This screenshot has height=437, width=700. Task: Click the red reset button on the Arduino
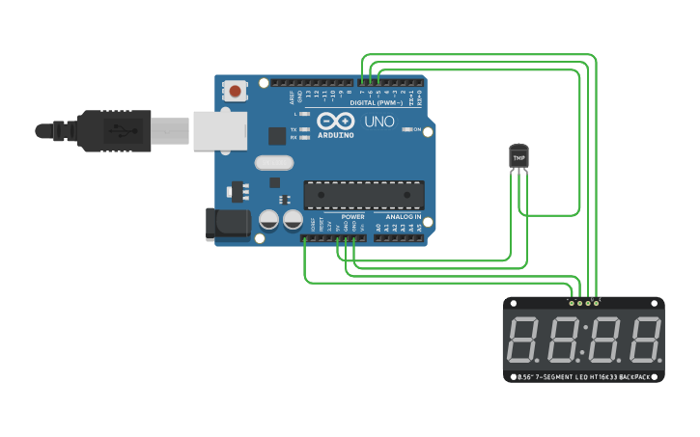click(x=235, y=92)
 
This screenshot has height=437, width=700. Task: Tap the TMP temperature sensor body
click(x=519, y=155)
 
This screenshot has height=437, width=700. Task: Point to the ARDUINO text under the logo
click(x=335, y=135)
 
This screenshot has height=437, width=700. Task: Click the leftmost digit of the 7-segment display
click(x=524, y=341)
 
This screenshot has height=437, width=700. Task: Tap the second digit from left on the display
click(x=563, y=341)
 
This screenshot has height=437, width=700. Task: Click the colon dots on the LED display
click(x=584, y=341)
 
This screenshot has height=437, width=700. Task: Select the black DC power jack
click(x=228, y=224)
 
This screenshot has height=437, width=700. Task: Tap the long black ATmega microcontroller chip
click(x=363, y=195)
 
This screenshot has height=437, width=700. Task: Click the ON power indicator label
click(x=418, y=129)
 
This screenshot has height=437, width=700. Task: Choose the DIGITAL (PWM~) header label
click(x=377, y=101)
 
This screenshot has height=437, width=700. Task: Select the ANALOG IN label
click(x=404, y=217)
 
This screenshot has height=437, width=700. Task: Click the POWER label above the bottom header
click(x=352, y=217)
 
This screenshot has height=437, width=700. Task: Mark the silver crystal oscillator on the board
click(x=273, y=163)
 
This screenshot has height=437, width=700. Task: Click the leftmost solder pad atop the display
click(x=572, y=303)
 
